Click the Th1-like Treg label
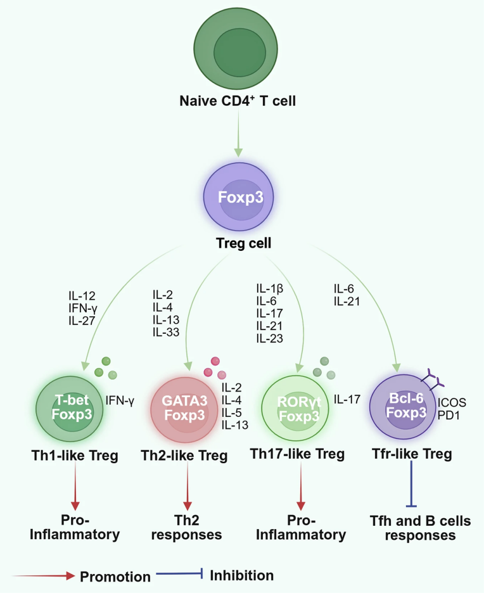tap(76, 455)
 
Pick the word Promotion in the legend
tap(115, 577)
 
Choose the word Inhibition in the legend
tap(241, 575)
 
